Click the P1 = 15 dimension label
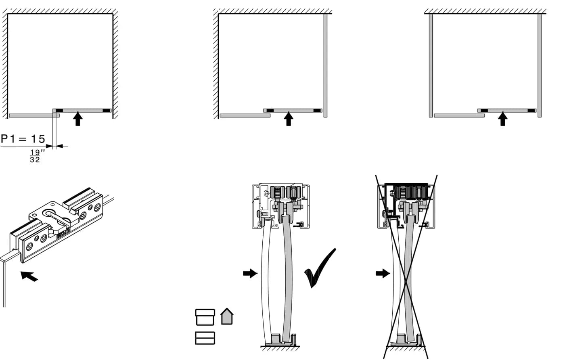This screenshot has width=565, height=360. pyautogui.click(x=23, y=139)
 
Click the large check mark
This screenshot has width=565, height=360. pyautogui.click(x=320, y=268)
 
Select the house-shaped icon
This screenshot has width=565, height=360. pyautogui.click(x=227, y=316)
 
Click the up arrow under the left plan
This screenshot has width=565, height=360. pyautogui.click(x=78, y=119)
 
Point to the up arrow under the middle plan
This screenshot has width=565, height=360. pyautogui.click(x=289, y=119)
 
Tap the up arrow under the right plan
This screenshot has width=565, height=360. pyautogui.click(x=503, y=119)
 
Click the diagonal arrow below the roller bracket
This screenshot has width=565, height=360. pyautogui.click(x=29, y=276)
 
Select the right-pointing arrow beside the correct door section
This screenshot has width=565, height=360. pyautogui.click(x=250, y=273)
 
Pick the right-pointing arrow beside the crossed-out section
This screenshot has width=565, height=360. pyautogui.click(x=383, y=273)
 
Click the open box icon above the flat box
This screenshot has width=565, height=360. pyautogui.click(x=205, y=317)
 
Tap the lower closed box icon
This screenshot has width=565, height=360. pyautogui.click(x=205, y=338)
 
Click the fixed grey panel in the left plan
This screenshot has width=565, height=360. pyautogui.click(x=34, y=116)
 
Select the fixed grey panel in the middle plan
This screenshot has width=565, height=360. pyautogui.click(x=245, y=116)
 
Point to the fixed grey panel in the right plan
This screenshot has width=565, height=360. pyautogui.click(x=459, y=116)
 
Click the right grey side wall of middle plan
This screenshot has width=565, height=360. pyautogui.click(x=325, y=66)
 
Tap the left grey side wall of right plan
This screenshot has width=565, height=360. pyautogui.click(x=431, y=66)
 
